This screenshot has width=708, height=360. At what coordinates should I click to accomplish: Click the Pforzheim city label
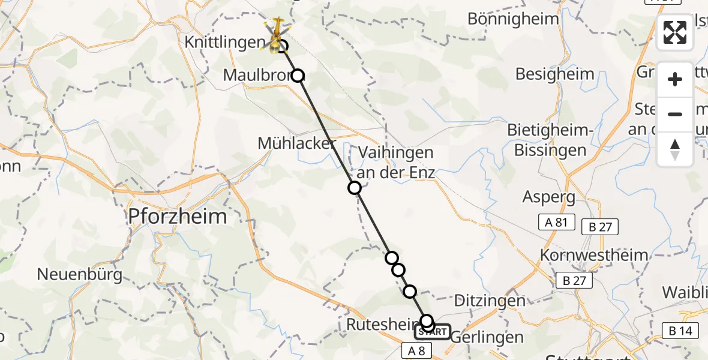178,217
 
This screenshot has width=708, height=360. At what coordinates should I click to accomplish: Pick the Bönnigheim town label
513,19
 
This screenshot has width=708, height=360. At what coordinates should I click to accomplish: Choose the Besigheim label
555,74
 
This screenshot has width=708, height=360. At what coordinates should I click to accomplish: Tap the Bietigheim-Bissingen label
550,140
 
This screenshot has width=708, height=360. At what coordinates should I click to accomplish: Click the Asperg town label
549,197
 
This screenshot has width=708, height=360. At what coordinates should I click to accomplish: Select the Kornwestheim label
594,254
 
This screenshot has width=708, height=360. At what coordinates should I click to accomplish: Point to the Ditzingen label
490,301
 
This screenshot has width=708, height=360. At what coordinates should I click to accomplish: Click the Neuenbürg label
80,275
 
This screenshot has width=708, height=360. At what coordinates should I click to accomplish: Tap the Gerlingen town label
486,337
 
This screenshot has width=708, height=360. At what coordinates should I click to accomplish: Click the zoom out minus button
675,114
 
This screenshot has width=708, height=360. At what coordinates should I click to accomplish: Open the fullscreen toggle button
675,33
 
